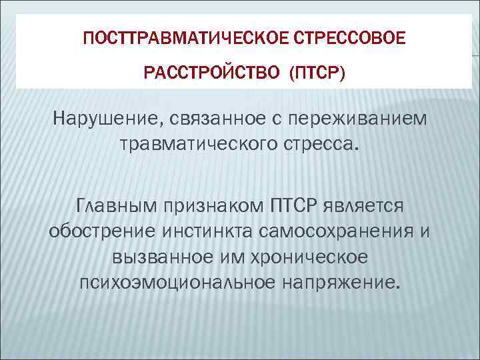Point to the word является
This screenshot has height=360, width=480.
373,204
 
